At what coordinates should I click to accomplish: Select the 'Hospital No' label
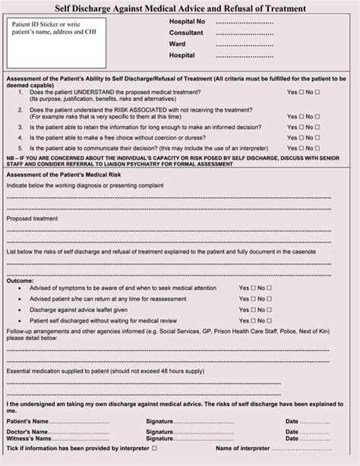pyautogui.click(x=187, y=21)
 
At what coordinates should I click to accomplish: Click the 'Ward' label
pyautogui.click(x=177, y=44)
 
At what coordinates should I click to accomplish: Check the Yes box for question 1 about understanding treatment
pyautogui.click(x=302, y=92)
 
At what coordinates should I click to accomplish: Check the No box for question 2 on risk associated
pyautogui.click(x=318, y=116)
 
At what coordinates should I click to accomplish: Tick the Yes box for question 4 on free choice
pyautogui.click(x=302, y=137)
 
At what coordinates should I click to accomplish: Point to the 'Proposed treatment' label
pyautogui.click(x=33, y=219)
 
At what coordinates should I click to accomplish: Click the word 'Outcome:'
pyautogui.click(x=20, y=280)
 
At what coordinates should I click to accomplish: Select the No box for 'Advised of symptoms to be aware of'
pyautogui.click(x=270, y=288)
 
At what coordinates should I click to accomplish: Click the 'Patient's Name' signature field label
pyautogui.click(x=27, y=420)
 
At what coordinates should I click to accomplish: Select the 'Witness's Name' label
pyautogui.click(x=28, y=439)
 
